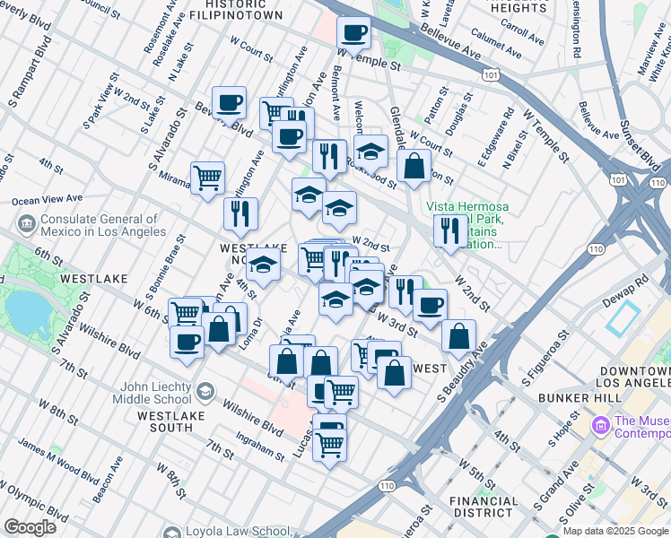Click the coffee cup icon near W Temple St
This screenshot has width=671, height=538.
coord(353,33)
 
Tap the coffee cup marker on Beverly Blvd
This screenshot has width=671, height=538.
coord(229,102)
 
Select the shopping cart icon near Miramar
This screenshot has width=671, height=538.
coord(207,177)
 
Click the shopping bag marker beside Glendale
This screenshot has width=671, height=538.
coord(414,166)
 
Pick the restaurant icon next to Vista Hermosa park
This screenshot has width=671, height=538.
coord(448,230)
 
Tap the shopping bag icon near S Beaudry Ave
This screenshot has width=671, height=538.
coord(458,336)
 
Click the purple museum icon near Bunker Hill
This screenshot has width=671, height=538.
coord(599,422)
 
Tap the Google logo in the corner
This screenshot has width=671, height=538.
coord(30,526)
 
